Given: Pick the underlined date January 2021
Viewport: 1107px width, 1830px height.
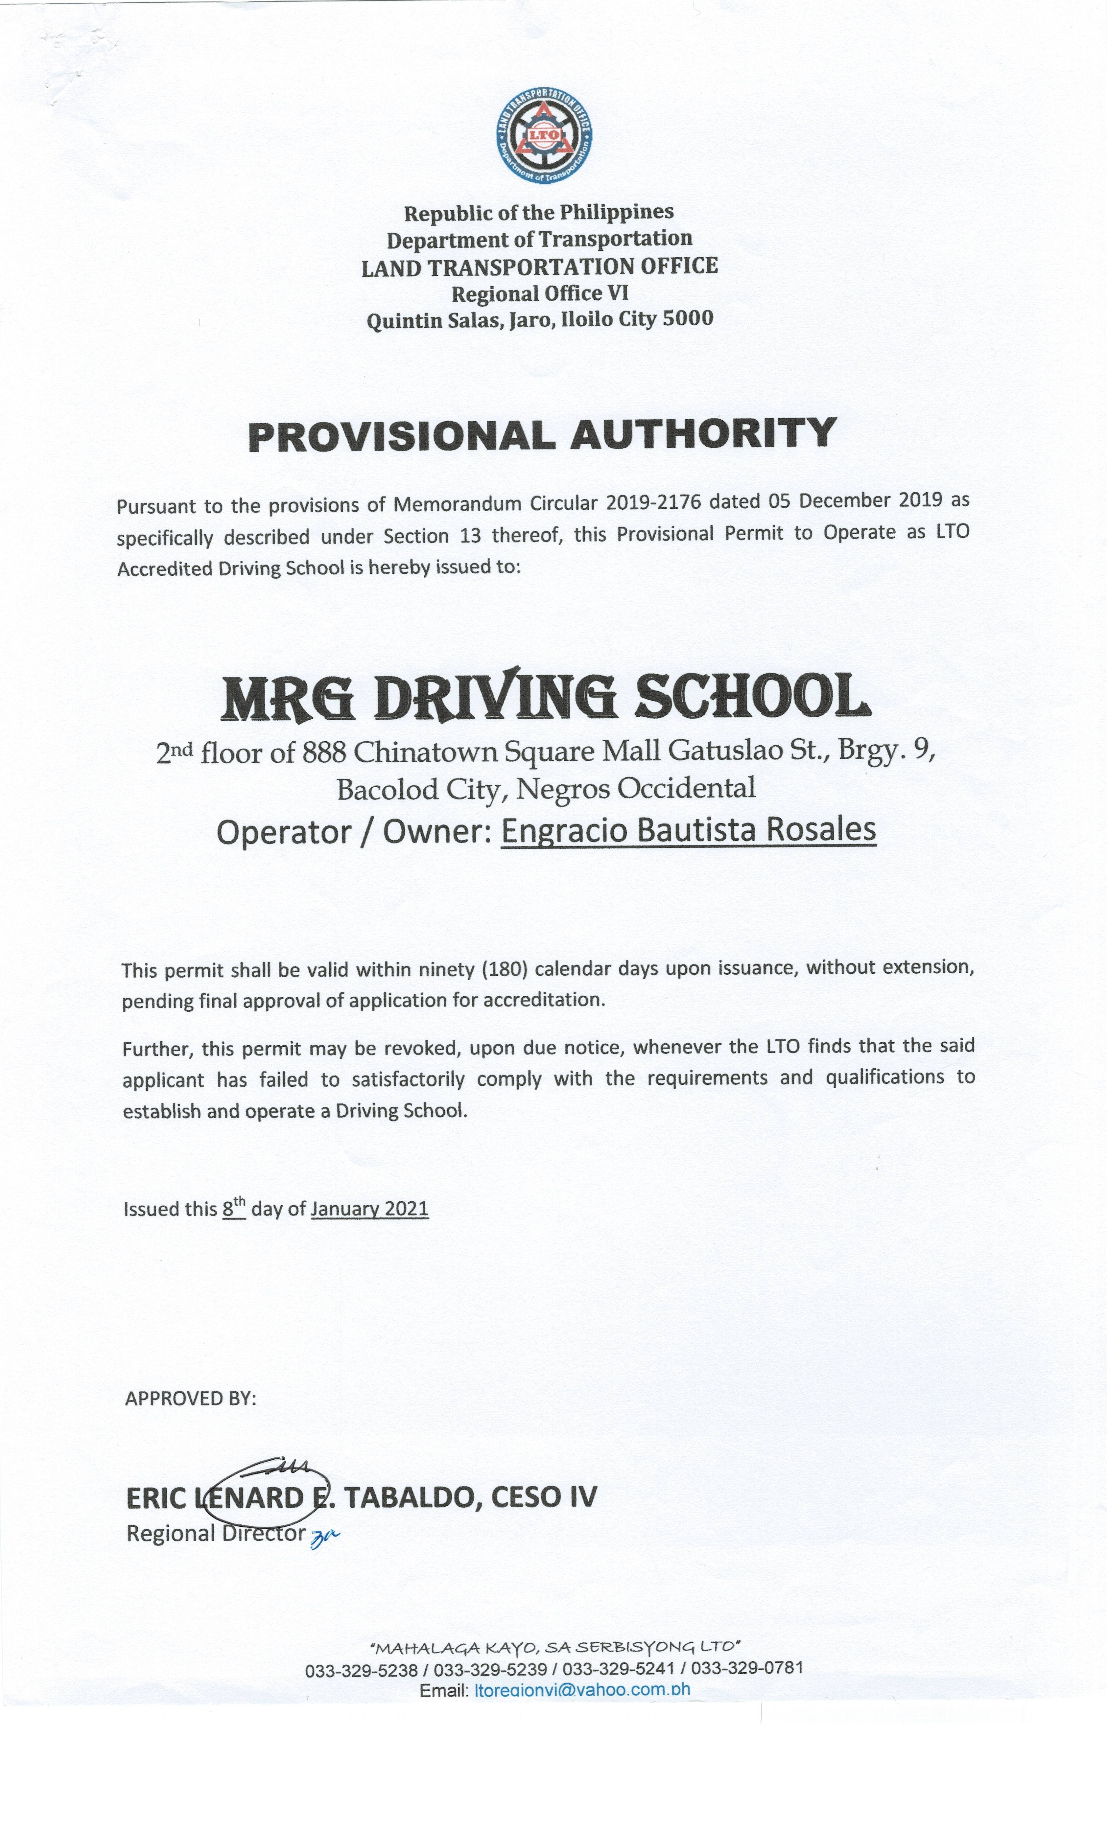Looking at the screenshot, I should tap(369, 1208).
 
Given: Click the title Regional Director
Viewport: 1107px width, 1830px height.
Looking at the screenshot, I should tap(216, 1533).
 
